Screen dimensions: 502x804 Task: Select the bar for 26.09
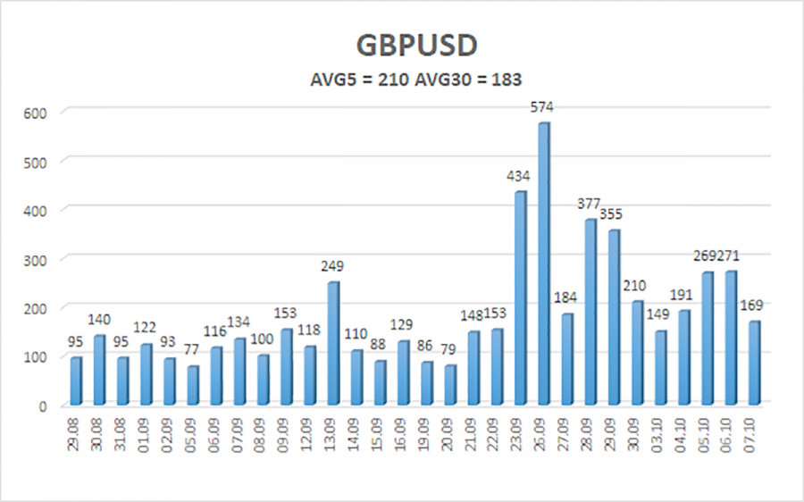pyautogui.click(x=544, y=264)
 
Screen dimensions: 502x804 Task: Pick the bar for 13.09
pyautogui.click(x=332, y=343)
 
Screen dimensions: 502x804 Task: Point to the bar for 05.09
pyautogui.click(x=192, y=385)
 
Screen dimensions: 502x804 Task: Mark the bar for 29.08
pyautogui.click(x=75, y=381)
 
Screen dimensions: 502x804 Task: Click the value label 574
pyautogui.click(x=541, y=108)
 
